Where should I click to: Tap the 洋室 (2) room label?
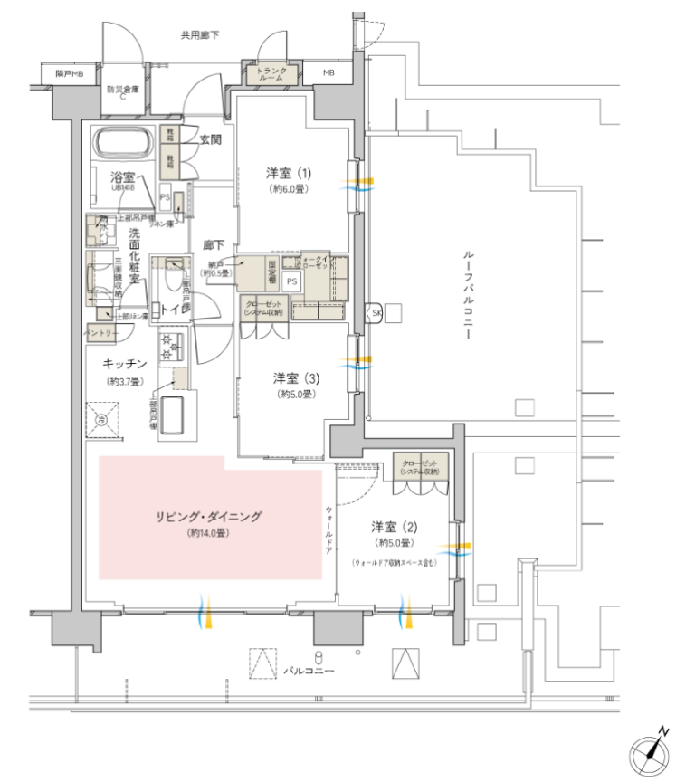(392, 527)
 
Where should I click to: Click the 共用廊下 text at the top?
(199, 35)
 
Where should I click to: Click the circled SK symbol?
(375, 313)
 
